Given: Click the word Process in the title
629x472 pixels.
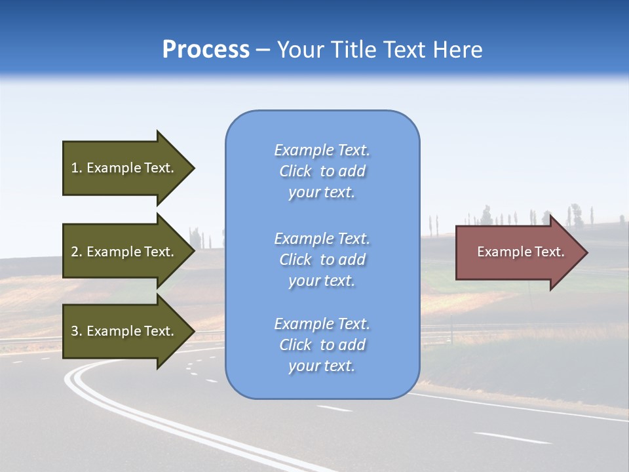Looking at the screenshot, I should pyautogui.click(x=206, y=50).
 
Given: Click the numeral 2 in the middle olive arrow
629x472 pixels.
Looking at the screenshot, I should pyautogui.click(x=75, y=252).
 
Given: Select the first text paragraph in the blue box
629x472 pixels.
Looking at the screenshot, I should pyautogui.click(x=322, y=171).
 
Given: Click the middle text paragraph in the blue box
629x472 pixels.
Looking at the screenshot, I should pyautogui.click(x=322, y=260).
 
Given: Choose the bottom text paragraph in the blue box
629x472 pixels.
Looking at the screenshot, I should pyautogui.click(x=322, y=345).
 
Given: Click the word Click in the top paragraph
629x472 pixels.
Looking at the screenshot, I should pyautogui.click(x=295, y=171).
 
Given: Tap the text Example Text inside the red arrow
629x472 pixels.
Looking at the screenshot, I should pyautogui.click(x=520, y=252).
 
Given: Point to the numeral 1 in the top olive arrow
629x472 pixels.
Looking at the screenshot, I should pyautogui.click(x=75, y=168).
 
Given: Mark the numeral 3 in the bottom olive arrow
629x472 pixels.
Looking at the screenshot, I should pyautogui.click(x=75, y=331).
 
